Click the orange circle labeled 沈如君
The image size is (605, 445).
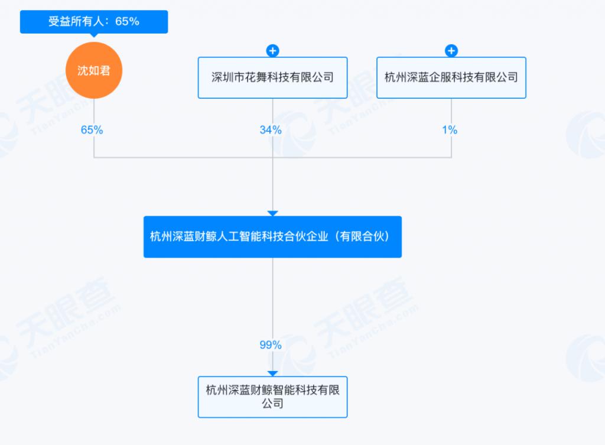tap(94, 71)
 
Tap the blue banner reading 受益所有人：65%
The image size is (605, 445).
tap(94, 22)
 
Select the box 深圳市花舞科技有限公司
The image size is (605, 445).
tap(272, 77)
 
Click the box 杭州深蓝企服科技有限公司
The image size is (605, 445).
tap(451, 77)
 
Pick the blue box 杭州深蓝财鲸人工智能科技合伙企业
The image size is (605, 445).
tap(272, 236)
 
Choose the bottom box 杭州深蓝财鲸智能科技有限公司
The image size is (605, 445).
tap(272, 397)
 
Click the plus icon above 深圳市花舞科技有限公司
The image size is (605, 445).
tap(272, 51)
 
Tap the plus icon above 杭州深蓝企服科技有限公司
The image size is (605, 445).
tap(451, 51)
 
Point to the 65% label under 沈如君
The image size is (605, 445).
tap(92, 130)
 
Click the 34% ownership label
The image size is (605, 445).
tap(271, 130)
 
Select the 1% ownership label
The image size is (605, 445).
tap(450, 130)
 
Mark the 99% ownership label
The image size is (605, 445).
tap(271, 345)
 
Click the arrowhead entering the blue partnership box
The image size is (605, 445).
tap(272, 213)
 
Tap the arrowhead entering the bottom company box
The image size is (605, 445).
tap(272, 373)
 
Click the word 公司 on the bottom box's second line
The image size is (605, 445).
tap(272, 404)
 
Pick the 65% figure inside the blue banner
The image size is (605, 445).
tap(127, 22)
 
